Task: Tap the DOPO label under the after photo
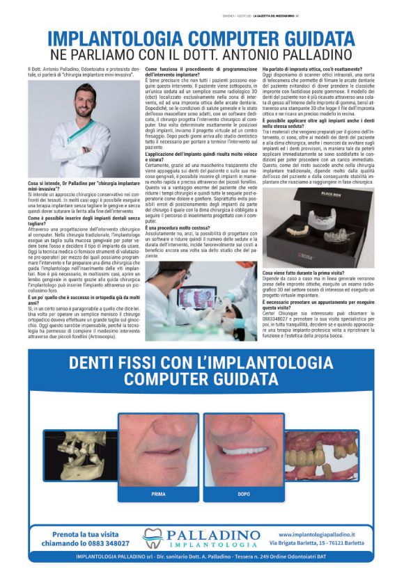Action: [x=244, y=494]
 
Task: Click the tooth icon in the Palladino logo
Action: [x=153, y=539]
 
